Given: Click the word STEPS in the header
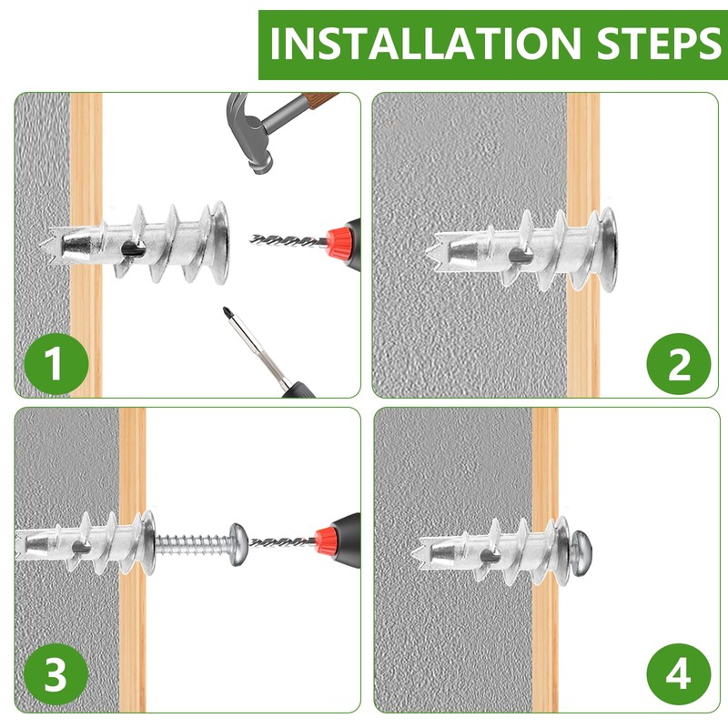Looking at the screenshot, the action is pos(659,43).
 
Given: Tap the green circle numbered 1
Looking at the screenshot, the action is pos(56,363).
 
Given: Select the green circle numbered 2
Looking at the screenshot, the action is pos(678,364).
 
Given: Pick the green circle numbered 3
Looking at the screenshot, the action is pos(56,674).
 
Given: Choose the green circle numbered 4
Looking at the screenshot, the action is pos(678,674).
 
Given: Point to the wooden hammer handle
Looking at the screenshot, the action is pos(319,99).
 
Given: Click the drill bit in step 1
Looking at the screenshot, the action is pos(288,241).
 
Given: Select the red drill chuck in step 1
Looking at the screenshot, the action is pos(337,242).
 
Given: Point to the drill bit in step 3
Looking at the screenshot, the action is pos(282,541).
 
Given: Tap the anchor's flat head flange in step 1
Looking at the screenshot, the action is pos(219,242).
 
